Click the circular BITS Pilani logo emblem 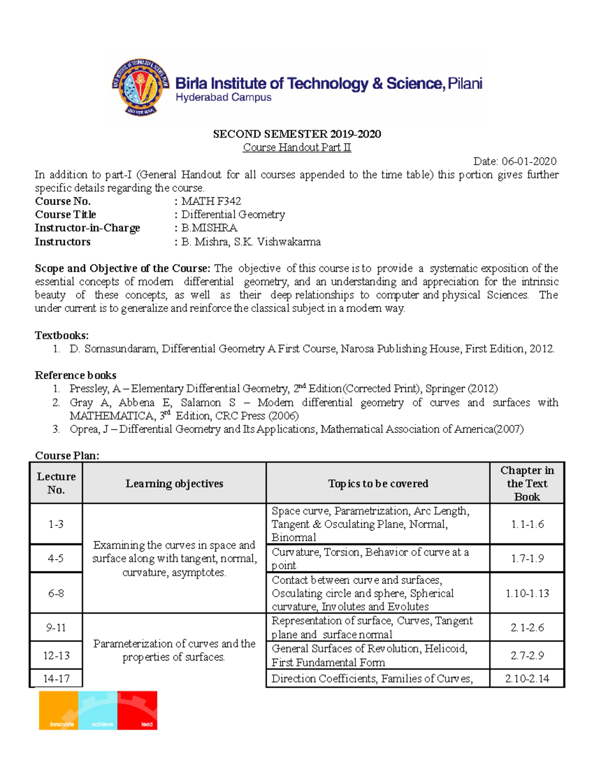141,88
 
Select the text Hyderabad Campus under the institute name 223,98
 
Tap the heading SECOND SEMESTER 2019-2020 297,134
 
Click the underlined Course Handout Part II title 297,148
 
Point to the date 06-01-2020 529,161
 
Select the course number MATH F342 211,201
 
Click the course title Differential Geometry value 233,214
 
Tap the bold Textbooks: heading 61,335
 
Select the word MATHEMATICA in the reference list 111,416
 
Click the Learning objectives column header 174,483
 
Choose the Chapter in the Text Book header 527,483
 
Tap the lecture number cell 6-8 56,593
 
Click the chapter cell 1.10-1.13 527,593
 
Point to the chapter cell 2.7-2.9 527,655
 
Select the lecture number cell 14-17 56,678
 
